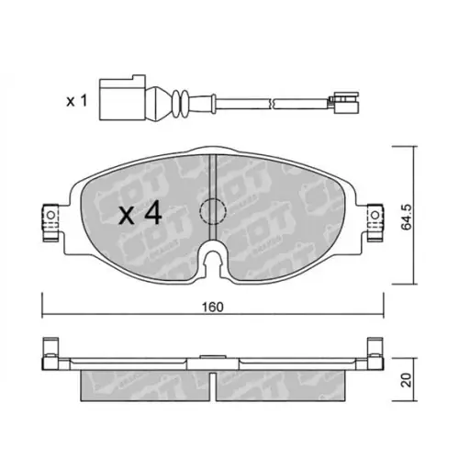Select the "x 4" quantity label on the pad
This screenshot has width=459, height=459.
(x=140, y=215)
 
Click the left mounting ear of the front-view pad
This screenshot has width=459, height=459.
(x=45, y=219)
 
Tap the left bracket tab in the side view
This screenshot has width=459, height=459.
(x=50, y=353)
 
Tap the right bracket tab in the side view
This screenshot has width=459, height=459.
(x=373, y=353)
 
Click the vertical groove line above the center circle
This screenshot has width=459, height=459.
(x=212, y=174)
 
